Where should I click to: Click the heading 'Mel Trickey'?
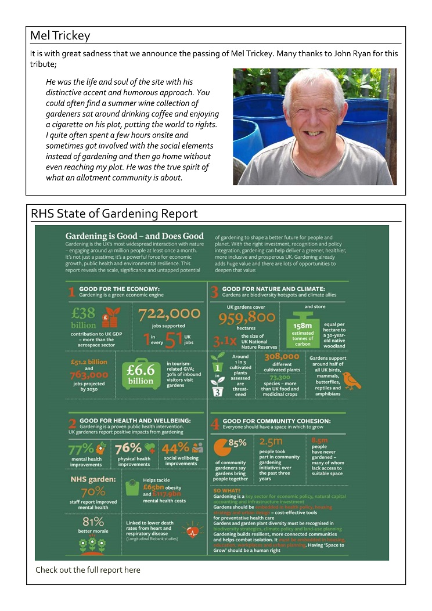pyautogui.click(x=60, y=36)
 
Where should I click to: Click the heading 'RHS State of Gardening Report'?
pyautogui.click(x=114, y=214)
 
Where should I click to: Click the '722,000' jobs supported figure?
pyautogui.click(x=169, y=313)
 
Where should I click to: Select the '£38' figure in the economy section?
pyautogui.click(x=83, y=313)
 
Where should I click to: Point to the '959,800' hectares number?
pyautogui.click(x=247, y=317)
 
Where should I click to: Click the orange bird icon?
pyautogui.click(x=352, y=380)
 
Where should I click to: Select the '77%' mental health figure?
pyautogui.click(x=80, y=449)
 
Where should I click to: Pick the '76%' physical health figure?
pyautogui.click(x=128, y=449)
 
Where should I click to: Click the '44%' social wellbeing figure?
pyautogui.click(x=175, y=449)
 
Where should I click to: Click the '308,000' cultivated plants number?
pyautogui.click(x=281, y=357)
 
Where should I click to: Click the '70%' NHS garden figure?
pyautogui.click(x=93, y=492)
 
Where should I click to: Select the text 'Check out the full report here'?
pyautogui.click(x=88, y=570)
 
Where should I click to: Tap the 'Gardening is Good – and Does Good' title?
pyautogui.click(x=134, y=236)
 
